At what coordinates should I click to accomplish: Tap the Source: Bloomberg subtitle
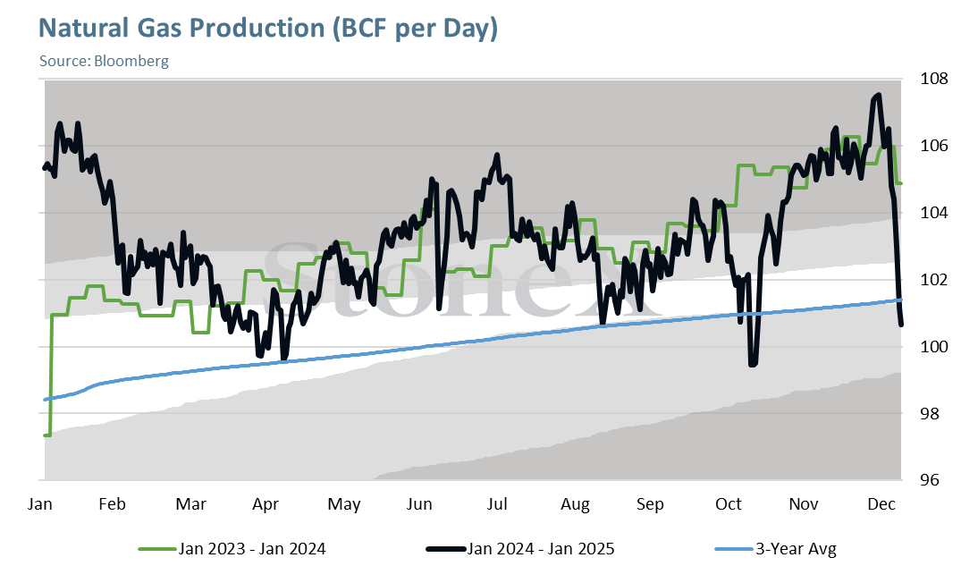click(x=104, y=61)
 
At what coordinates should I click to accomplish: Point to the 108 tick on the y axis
click(x=933, y=79)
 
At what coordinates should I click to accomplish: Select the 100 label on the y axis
click(x=933, y=346)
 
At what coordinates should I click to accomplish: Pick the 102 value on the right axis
click(x=933, y=280)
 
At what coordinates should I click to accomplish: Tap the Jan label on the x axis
click(x=40, y=504)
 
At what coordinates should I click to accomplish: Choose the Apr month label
click(x=266, y=504)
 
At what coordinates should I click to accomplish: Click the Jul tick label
click(x=497, y=504)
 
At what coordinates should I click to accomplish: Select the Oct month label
click(x=728, y=504)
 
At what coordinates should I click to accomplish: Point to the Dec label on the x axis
click(x=881, y=504)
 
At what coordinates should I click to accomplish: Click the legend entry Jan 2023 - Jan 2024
click(x=232, y=549)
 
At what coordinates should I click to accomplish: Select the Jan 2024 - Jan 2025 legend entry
click(x=520, y=549)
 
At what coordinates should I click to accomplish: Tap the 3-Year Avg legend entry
click(x=776, y=549)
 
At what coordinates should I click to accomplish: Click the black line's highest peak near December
click(x=878, y=95)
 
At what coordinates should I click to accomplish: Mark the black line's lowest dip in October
click(x=753, y=365)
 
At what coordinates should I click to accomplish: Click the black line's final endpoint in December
click(x=901, y=325)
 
